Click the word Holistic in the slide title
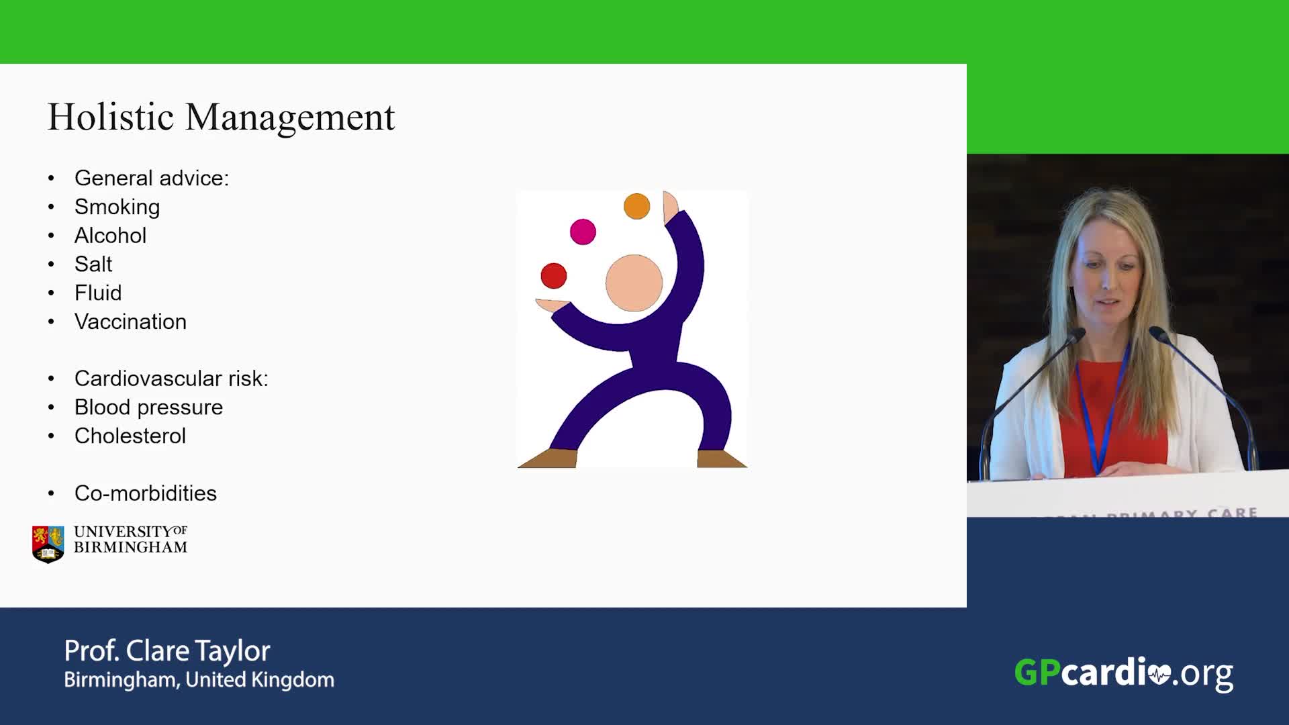[111, 117]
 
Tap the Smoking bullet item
[117, 207]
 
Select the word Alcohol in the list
[110, 236]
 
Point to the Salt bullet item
[93, 264]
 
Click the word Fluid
[98, 293]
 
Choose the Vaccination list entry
[130, 322]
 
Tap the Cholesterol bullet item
[130, 436]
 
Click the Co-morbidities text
[146, 493]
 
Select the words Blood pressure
[148, 407]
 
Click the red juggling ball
[554, 276]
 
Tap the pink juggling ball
[583, 232]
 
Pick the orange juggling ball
[636, 206]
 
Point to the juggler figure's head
[634, 283]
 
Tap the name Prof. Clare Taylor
[167, 650]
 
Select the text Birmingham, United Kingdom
[199, 680]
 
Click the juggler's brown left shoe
[548, 458]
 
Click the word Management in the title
[290, 118]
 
